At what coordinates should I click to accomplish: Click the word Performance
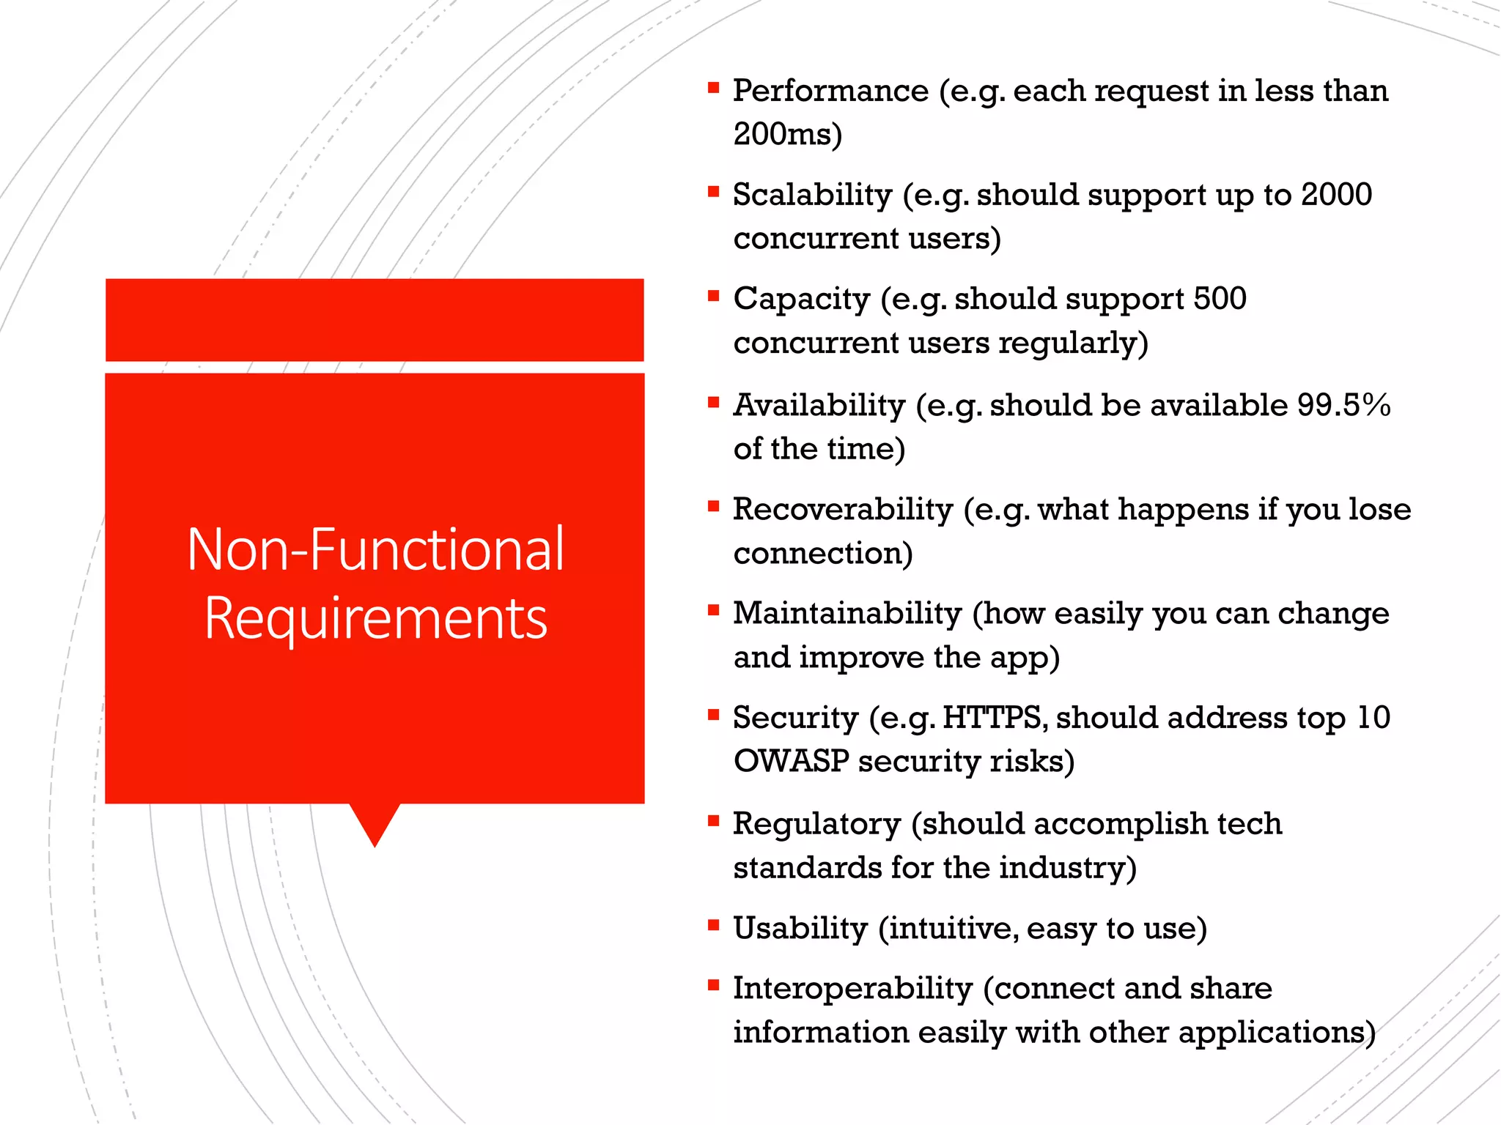[x=830, y=92]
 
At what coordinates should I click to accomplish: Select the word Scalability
[x=812, y=196]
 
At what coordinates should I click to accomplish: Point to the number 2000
[x=1336, y=195]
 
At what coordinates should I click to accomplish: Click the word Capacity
[x=801, y=300]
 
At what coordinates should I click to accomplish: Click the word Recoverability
[x=842, y=510]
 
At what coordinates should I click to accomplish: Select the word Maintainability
[x=847, y=614]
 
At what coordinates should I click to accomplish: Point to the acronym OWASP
[x=791, y=762]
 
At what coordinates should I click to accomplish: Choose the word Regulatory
[x=816, y=824]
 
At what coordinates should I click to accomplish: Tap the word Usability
[x=800, y=929]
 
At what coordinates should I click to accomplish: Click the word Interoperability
[x=852, y=989]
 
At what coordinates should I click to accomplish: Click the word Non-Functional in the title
[x=375, y=549]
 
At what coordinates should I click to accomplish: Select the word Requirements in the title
[x=375, y=619]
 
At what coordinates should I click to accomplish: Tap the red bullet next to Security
[x=713, y=715]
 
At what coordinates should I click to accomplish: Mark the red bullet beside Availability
[x=713, y=402]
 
